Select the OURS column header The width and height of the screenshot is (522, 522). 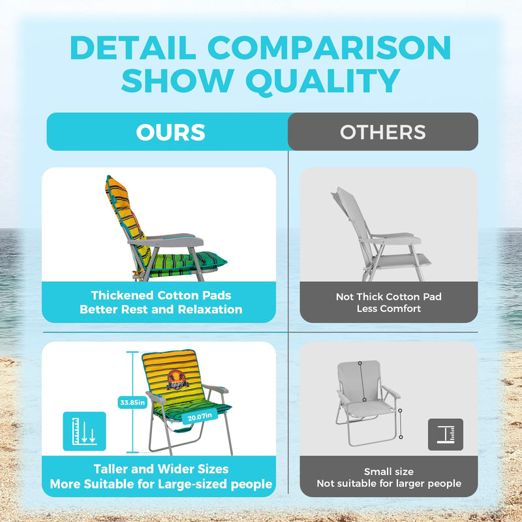(170, 132)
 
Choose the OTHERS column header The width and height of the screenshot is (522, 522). (383, 132)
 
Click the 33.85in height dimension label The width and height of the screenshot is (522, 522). (130, 402)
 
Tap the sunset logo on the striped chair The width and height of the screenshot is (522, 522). (177, 379)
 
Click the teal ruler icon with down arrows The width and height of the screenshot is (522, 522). (84, 431)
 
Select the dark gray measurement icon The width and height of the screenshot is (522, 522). (446, 434)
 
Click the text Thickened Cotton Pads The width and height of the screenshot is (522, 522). (161, 296)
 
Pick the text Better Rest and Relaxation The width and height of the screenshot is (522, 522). (161, 309)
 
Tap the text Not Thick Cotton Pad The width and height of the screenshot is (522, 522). (389, 297)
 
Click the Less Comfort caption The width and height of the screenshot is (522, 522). (389, 309)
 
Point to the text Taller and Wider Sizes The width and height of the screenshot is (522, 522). (161, 469)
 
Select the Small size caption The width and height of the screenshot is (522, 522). (389, 471)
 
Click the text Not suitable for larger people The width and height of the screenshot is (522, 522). (389, 484)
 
